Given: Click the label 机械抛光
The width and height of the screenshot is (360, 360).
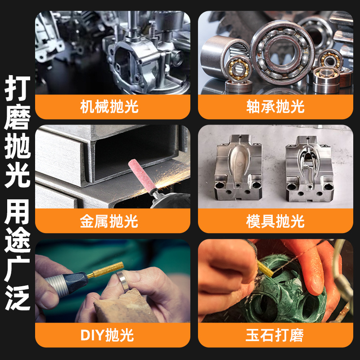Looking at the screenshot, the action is [x=109, y=107].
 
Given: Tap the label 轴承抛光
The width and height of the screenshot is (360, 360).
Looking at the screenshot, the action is [x=275, y=107].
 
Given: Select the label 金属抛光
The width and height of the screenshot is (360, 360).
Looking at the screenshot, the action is [x=109, y=221].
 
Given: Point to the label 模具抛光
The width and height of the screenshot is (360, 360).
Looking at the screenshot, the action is [x=275, y=221].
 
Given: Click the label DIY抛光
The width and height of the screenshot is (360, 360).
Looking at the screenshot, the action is [x=107, y=335].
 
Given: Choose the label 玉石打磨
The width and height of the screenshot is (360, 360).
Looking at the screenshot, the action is [x=275, y=335].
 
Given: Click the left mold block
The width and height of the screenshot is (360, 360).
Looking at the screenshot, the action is [x=238, y=167].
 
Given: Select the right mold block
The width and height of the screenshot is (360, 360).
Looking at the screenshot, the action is [x=310, y=168].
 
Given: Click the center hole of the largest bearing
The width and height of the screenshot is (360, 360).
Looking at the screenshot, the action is [x=282, y=53].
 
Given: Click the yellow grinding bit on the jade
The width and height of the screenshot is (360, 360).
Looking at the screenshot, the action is [x=265, y=268].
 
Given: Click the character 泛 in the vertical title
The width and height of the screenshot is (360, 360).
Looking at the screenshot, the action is [x=18, y=297].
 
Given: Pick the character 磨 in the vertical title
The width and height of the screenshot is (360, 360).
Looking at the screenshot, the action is [x=18, y=117].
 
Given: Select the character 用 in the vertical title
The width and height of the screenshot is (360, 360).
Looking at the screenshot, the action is [x=18, y=211].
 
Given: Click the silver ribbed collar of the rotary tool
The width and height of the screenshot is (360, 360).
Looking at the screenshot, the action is [x=57, y=286].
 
